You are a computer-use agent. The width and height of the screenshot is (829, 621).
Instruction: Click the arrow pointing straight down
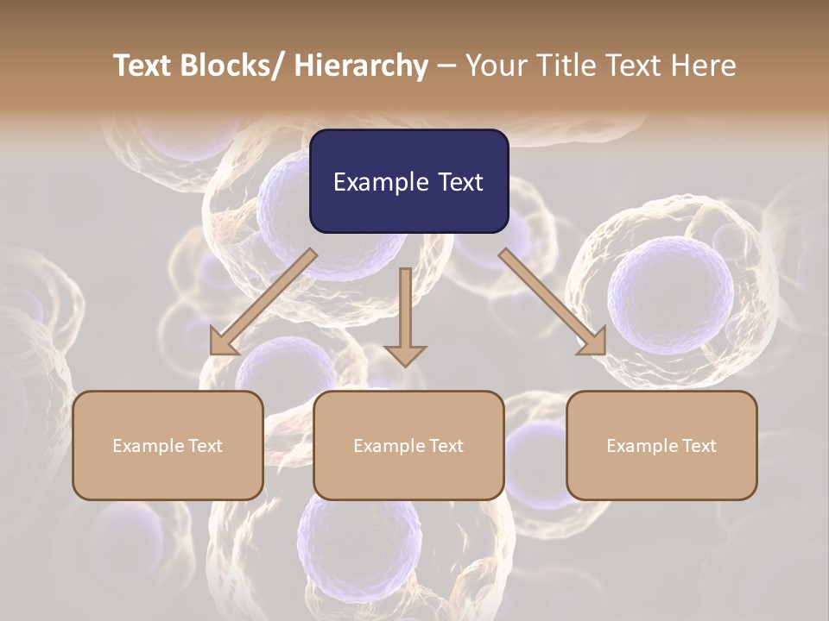405,315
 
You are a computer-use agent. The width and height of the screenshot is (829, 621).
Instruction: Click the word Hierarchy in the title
361,66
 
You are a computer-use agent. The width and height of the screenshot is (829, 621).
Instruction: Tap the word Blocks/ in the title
233,66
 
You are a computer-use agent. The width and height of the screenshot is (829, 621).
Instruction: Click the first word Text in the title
144,66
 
